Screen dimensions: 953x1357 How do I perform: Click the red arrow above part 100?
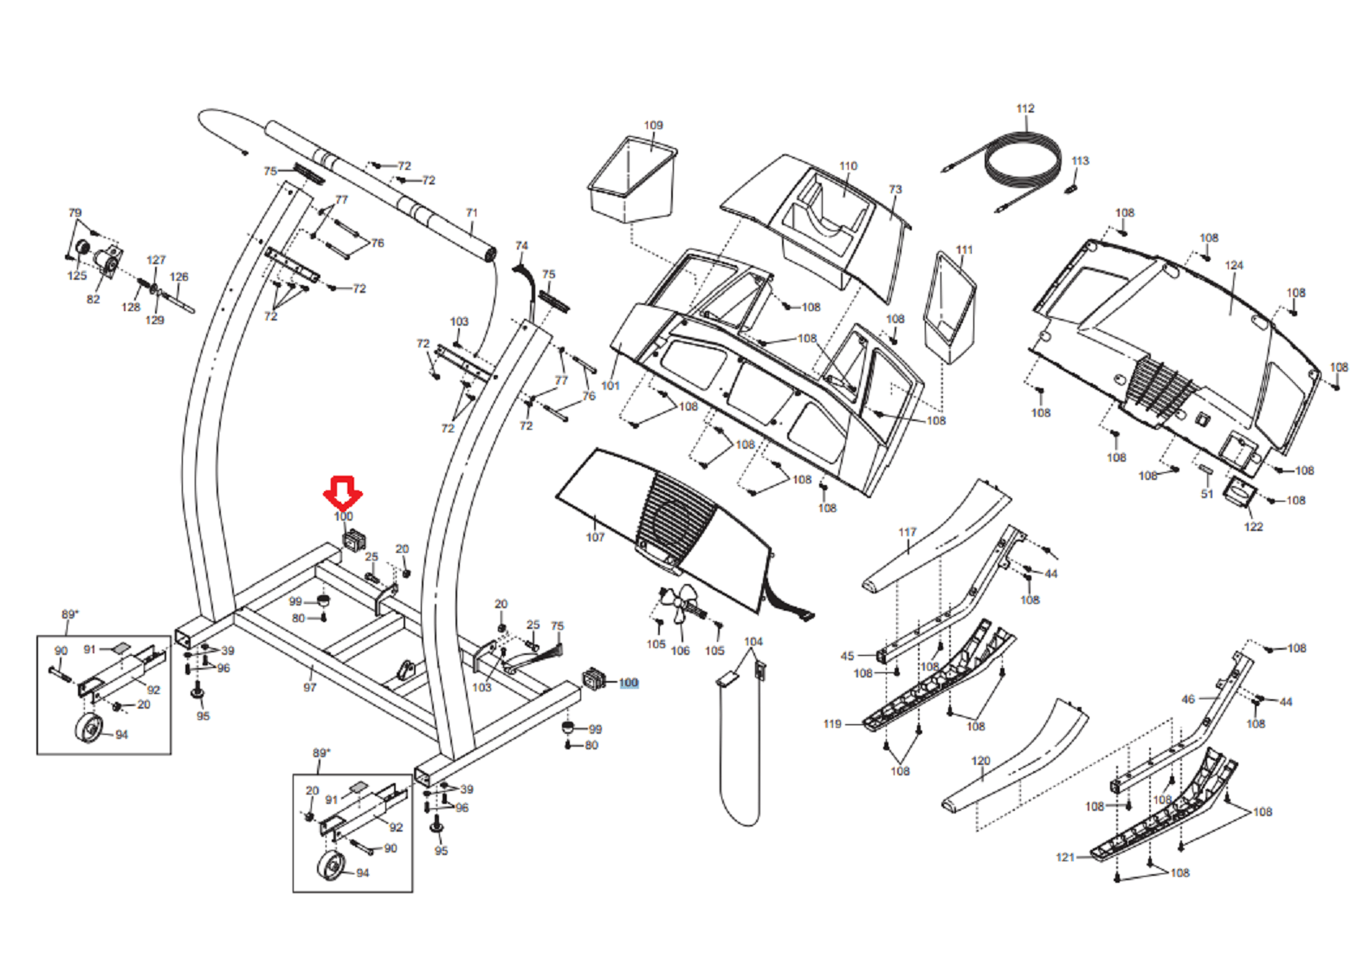click(x=343, y=491)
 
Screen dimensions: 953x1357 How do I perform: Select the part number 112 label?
click(x=1025, y=108)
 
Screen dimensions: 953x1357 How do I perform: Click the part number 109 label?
click(x=653, y=125)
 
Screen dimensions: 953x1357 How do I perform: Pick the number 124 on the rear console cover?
click(x=1234, y=265)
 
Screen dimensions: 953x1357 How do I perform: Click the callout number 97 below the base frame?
click(x=310, y=687)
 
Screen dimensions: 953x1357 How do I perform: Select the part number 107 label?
click(x=595, y=537)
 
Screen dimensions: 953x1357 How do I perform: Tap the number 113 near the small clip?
click(x=1080, y=160)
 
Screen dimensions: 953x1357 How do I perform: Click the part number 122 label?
click(x=1253, y=526)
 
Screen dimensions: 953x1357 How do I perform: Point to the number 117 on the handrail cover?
click(x=907, y=532)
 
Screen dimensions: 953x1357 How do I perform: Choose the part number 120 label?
click(x=980, y=761)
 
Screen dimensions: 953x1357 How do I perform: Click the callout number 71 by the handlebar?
click(x=471, y=212)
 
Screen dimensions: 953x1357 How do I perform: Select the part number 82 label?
click(x=93, y=299)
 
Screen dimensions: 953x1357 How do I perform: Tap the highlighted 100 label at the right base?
click(x=629, y=683)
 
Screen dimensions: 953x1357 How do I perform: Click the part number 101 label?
click(x=611, y=385)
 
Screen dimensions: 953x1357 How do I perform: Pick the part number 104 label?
click(x=753, y=641)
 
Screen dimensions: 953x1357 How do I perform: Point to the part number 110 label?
click(x=848, y=165)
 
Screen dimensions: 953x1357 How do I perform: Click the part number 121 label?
click(x=1065, y=857)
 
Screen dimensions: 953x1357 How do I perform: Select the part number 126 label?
click(x=178, y=277)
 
